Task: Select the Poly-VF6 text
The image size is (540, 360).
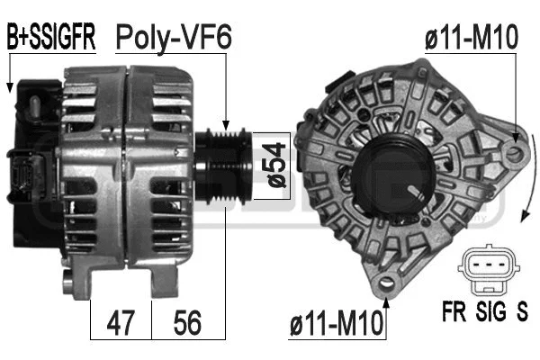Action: (173, 37)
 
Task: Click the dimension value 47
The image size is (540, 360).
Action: (121, 322)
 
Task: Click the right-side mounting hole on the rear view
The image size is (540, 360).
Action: (514, 155)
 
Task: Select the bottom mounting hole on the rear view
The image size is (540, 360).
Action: (387, 285)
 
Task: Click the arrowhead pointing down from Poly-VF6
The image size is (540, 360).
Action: (228, 130)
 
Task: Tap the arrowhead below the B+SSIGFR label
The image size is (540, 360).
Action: (9, 87)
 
